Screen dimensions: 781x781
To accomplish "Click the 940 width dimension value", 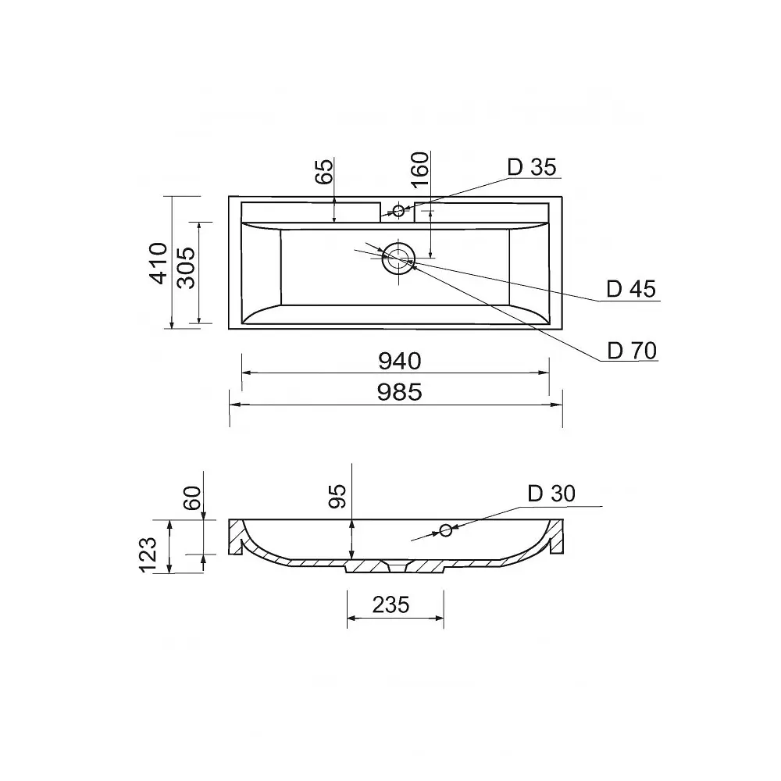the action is [399, 361].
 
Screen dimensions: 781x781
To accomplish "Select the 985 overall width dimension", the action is [399, 392].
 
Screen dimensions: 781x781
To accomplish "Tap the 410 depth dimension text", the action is [159, 263].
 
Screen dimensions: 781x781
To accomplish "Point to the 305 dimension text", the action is [187, 267].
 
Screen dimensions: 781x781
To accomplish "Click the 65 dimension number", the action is [325, 171].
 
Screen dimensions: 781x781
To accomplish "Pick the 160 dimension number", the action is [420, 169].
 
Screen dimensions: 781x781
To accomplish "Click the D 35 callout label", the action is [531, 167].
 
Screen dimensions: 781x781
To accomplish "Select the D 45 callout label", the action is [631, 290].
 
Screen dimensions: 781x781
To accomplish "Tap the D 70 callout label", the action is [632, 351].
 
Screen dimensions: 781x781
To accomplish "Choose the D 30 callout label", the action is [551, 494].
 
